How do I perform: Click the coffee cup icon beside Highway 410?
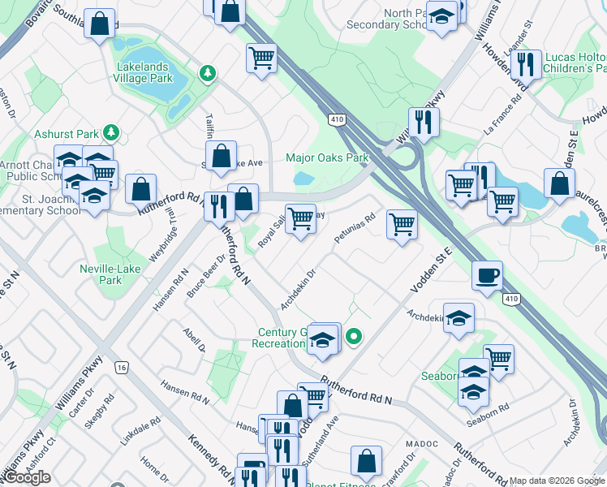click(x=487, y=275)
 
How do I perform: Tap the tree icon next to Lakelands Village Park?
click(x=209, y=74)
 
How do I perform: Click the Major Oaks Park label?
click(x=327, y=157)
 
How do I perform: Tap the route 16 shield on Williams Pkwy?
click(x=121, y=368)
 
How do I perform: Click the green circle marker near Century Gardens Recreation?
click(x=354, y=334)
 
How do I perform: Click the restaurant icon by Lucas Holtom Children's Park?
click(x=527, y=63)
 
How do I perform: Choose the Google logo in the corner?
click(x=27, y=477)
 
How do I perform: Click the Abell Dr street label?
click(x=194, y=341)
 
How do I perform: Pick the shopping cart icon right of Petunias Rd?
click(x=402, y=224)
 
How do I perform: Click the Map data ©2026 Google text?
click(x=557, y=481)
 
